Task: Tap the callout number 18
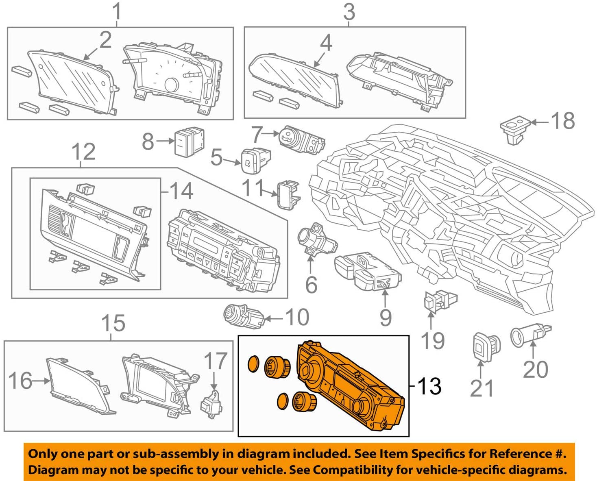(x=563, y=121)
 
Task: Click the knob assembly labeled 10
(x=242, y=317)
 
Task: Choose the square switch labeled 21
(x=485, y=346)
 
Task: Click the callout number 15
(x=113, y=323)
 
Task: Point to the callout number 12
(x=83, y=152)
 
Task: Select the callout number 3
(x=349, y=12)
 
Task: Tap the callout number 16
(x=20, y=381)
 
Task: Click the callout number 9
(x=385, y=318)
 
